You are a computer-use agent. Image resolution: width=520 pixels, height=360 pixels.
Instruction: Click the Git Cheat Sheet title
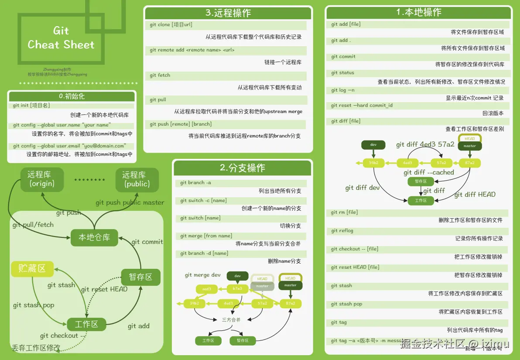pos(61,38)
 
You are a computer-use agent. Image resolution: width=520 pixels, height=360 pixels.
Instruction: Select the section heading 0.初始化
pos(72,96)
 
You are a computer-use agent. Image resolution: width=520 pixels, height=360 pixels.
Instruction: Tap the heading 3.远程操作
pos(228,13)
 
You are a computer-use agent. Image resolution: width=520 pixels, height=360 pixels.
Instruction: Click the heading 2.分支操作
pos(242,168)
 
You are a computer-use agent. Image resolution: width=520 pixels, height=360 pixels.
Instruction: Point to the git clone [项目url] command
pos(171,25)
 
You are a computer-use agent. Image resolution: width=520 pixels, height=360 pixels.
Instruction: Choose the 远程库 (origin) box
pos(42,179)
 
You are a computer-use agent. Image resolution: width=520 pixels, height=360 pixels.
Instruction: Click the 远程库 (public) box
pos(137,179)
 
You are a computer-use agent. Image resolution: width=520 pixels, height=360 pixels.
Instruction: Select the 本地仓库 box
pos(94,238)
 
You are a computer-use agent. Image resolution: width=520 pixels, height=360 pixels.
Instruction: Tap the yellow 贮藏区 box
pos(32,268)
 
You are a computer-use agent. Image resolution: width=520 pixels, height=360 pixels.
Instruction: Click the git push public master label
pos(130,202)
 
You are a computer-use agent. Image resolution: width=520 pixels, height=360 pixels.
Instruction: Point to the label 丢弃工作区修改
pos(36,348)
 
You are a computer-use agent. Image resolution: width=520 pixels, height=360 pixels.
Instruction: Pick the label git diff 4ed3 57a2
pos(425,144)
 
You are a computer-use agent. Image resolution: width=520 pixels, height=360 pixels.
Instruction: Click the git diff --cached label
pos(429,172)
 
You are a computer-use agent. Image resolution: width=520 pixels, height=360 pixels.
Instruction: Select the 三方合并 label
pos(231,319)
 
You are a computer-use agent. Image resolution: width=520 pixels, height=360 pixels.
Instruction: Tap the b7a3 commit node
pos(237,289)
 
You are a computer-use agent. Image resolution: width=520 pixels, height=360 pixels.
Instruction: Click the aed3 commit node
pos(206,289)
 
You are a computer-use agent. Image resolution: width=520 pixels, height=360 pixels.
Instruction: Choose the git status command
pos(342,73)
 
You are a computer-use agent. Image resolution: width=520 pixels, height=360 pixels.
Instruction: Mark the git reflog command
pos(342,231)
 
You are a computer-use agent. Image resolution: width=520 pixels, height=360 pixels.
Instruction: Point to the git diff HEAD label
pos(475,195)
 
